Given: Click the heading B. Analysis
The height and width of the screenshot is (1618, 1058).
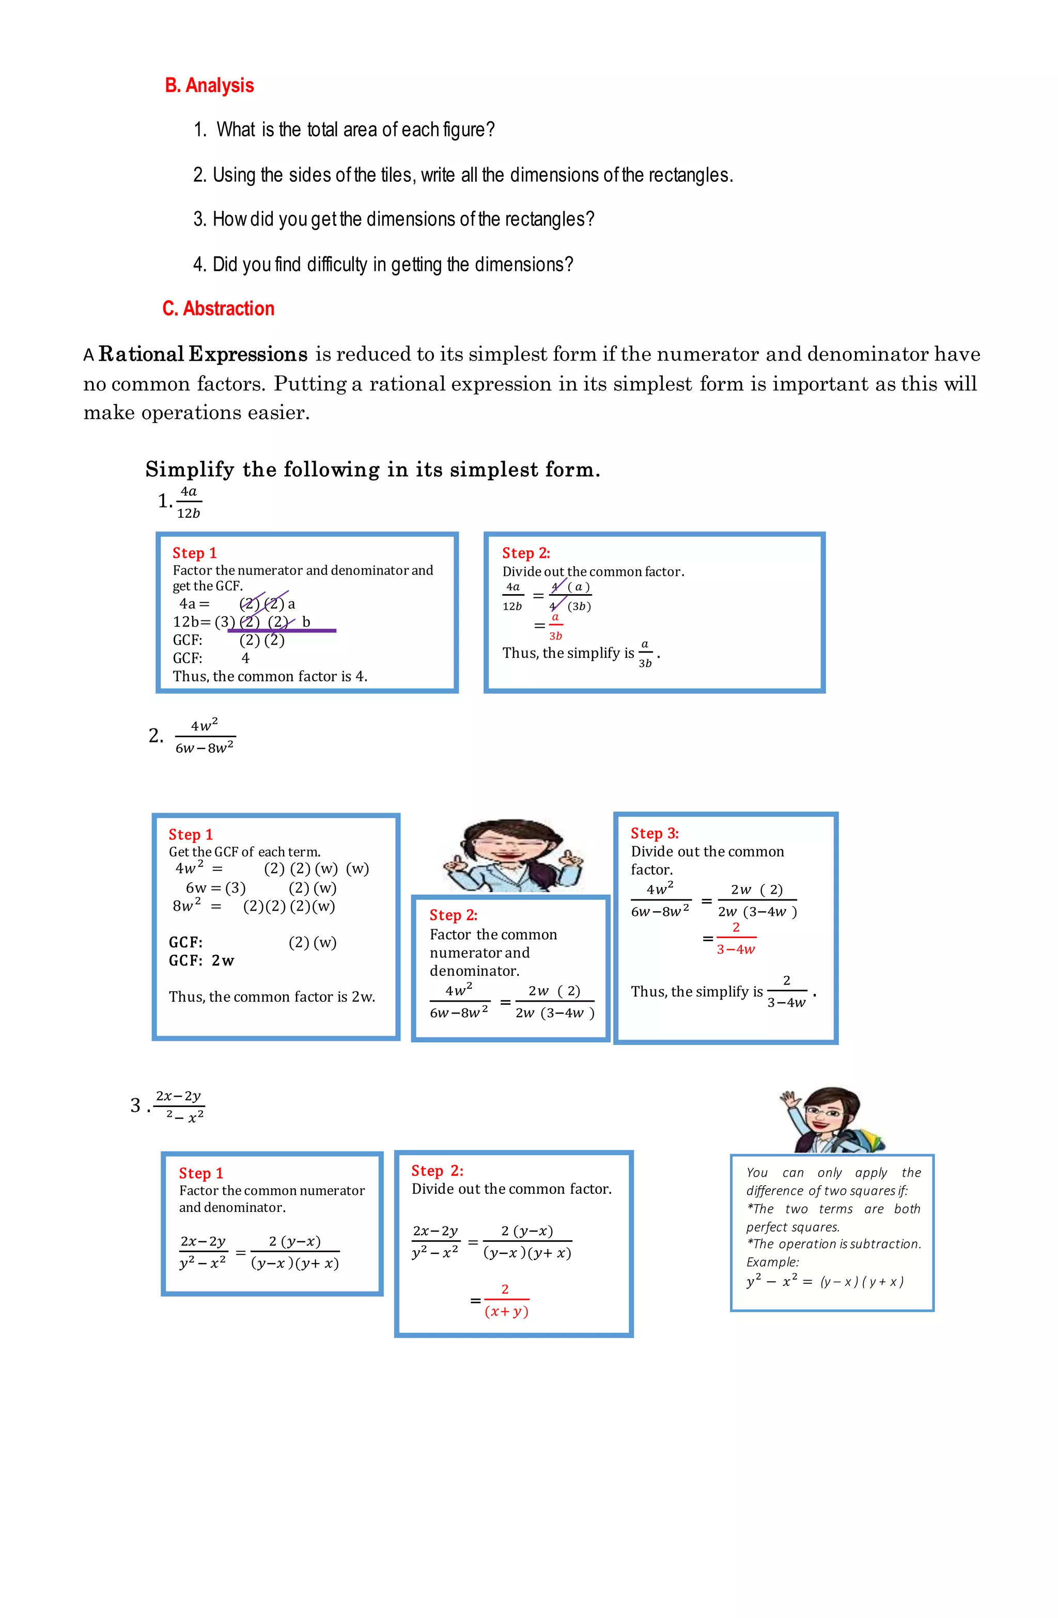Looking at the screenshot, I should (209, 86).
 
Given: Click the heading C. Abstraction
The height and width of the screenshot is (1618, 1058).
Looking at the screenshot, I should (218, 308).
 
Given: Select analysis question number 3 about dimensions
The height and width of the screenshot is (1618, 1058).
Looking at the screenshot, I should (394, 220).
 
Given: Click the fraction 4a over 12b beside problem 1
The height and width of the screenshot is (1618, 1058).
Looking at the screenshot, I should (189, 502).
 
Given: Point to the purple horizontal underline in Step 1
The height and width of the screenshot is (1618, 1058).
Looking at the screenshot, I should (282, 631).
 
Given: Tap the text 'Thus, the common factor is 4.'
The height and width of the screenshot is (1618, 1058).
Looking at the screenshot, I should (270, 676).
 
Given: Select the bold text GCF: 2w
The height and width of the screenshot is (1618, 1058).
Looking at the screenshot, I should (201, 960).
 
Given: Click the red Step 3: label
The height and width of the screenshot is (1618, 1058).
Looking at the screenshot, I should (654, 833).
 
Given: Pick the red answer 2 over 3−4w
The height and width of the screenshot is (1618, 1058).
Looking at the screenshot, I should (736, 939).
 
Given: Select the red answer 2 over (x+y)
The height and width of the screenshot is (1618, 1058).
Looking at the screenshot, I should (506, 1300).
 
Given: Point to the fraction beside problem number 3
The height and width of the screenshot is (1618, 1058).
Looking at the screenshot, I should (179, 1106).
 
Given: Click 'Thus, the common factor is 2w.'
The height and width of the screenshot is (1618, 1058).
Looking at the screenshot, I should (272, 998).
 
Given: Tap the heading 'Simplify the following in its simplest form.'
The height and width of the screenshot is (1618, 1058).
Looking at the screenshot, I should (372, 470).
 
